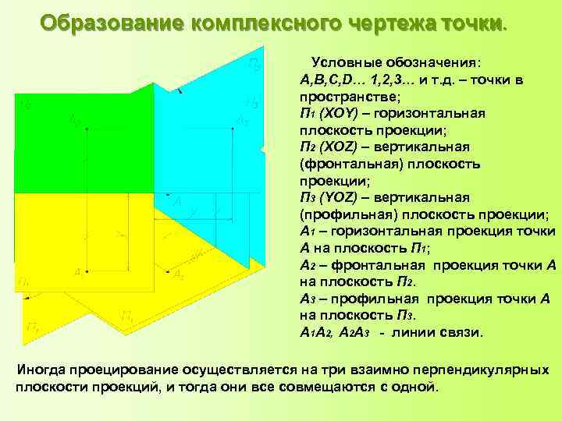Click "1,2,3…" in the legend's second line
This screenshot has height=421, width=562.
pos(386,80)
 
